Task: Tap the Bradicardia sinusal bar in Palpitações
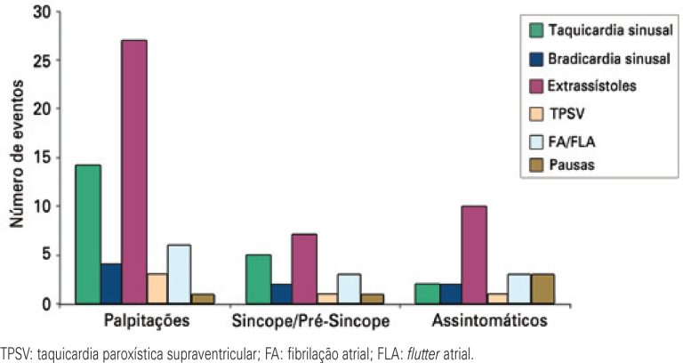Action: [x=110, y=284]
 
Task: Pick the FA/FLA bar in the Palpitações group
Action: [x=180, y=274]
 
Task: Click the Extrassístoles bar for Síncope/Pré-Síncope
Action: [x=304, y=270]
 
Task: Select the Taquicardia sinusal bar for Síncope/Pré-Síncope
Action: [x=258, y=279]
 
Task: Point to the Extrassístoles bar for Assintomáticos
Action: [x=474, y=255]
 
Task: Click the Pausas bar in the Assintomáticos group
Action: [x=543, y=289]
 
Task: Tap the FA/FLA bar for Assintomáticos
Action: [x=520, y=289]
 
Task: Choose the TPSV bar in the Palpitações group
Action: [x=157, y=288]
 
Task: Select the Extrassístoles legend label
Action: [x=591, y=86]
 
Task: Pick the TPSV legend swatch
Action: [x=536, y=113]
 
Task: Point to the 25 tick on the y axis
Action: [x=52, y=60]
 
